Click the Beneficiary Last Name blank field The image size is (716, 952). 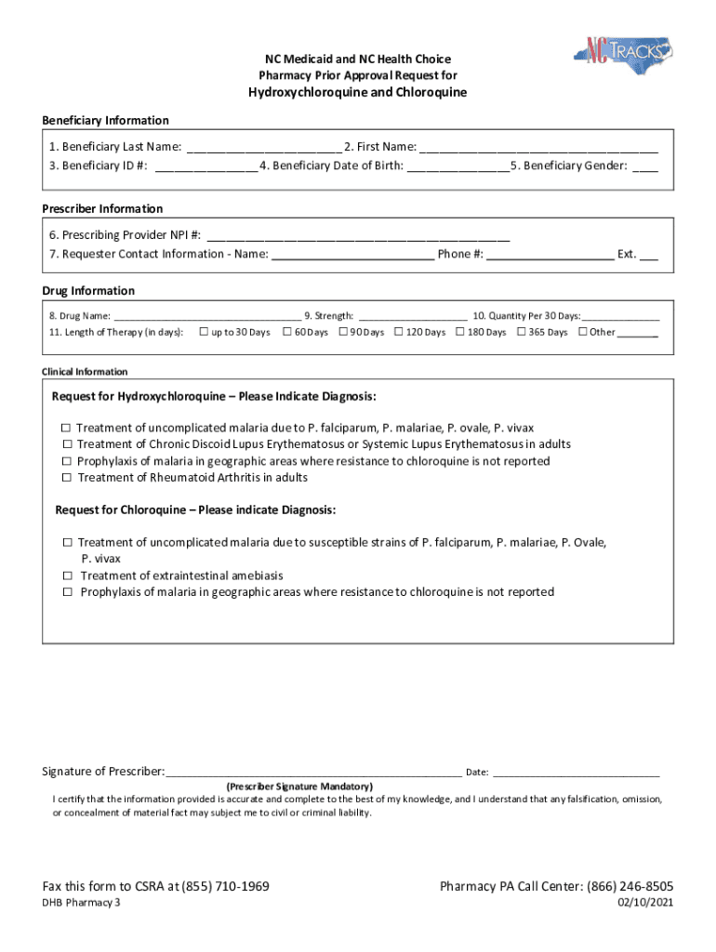pyautogui.click(x=263, y=147)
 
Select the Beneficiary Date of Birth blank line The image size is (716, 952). pyautogui.click(x=457, y=166)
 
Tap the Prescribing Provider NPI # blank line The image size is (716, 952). pyautogui.click(x=357, y=235)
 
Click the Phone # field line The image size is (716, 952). pyautogui.click(x=550, y=255)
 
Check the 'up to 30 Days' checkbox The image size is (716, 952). pyautogui.click(x=204, y=332)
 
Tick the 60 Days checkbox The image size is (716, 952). pyautogui.click(x=287, y=332)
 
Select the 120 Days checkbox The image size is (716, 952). pyautogui.click(x=399, y=332)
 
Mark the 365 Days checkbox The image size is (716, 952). pyautogui.click(x=521, y=332)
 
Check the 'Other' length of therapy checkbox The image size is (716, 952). pyautogui.click(x=582, y=332)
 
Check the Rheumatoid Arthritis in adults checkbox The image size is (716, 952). pyautogui.click(x=67, y=478)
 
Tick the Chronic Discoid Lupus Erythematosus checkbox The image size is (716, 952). pyautogui.click(x=67, y=444)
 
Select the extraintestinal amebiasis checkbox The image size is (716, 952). pyautogui.click(x=68, y=576)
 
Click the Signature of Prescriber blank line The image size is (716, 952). pyautogui.click(x=312, y=772)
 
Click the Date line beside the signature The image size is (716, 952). pyautogui.click(x=576, y=772)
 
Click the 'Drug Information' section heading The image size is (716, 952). pyautogui.click(x=88, y=291)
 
